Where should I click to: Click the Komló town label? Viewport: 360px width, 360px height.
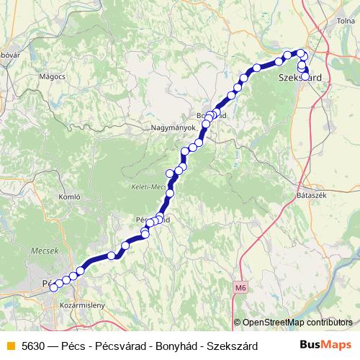68,197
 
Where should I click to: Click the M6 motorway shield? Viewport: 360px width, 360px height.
240,287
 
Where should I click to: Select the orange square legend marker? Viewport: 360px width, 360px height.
10,346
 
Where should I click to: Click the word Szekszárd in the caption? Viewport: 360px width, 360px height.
233,346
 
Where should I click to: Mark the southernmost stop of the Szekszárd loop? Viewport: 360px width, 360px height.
305,75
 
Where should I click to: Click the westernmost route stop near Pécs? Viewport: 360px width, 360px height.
53,288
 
